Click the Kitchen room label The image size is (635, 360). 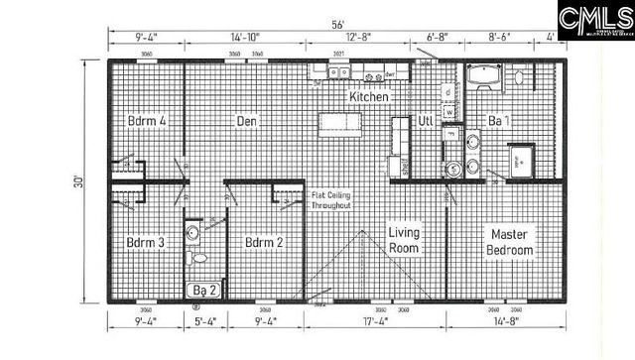tap(368, 98)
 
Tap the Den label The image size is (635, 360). tap(247, 121)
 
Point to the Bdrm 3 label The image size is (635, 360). tap(145, 242)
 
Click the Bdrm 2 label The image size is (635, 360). tap(265, 242)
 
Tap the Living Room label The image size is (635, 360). tap(404, 240)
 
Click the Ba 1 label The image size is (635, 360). tap(499, 121)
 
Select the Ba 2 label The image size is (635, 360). tap(204, 290)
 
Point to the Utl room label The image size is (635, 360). tap(426, 121)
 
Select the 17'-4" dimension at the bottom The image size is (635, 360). tap(376, 321)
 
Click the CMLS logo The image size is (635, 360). tap(594, 20)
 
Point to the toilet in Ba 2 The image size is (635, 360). tap(199, 257)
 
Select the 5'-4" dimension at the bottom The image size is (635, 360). tap(205, 321)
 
